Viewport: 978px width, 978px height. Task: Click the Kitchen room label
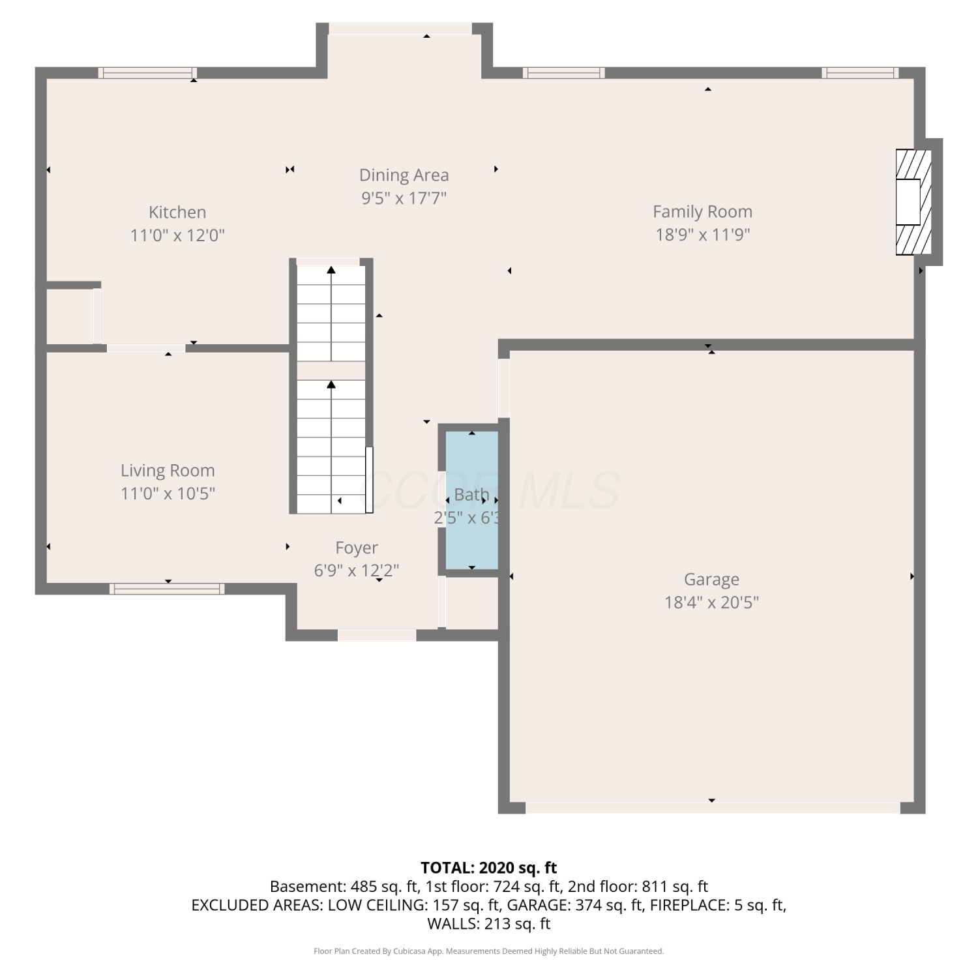pos(177,212)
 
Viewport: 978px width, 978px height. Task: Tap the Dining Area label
pos(404,175)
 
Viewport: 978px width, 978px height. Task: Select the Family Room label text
pos(703,212)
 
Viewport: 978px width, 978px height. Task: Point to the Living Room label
pos(168,471)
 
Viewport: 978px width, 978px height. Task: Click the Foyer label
pos(357,548)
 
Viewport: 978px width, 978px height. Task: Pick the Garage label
pos(711,580)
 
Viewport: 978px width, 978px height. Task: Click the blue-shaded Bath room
pos(472,500)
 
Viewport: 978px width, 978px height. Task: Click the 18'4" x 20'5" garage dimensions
pos(711,602)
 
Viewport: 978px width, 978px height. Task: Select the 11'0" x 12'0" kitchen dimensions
pos(177,235)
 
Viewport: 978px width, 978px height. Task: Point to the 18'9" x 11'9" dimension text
pos(703,235)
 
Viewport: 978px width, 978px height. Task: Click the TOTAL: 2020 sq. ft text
pos(489,868)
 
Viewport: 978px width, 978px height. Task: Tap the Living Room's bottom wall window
pos(168,589)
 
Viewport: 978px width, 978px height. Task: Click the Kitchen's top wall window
pos(148,72)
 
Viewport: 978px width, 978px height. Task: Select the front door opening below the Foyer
pos(377,635)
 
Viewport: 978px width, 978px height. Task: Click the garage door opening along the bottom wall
pos(713,808)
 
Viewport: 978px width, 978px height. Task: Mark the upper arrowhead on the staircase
pos(331,269)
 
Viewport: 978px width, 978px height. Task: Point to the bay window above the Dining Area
pos(400,29)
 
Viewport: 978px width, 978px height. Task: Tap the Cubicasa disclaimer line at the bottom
pos(489,951)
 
